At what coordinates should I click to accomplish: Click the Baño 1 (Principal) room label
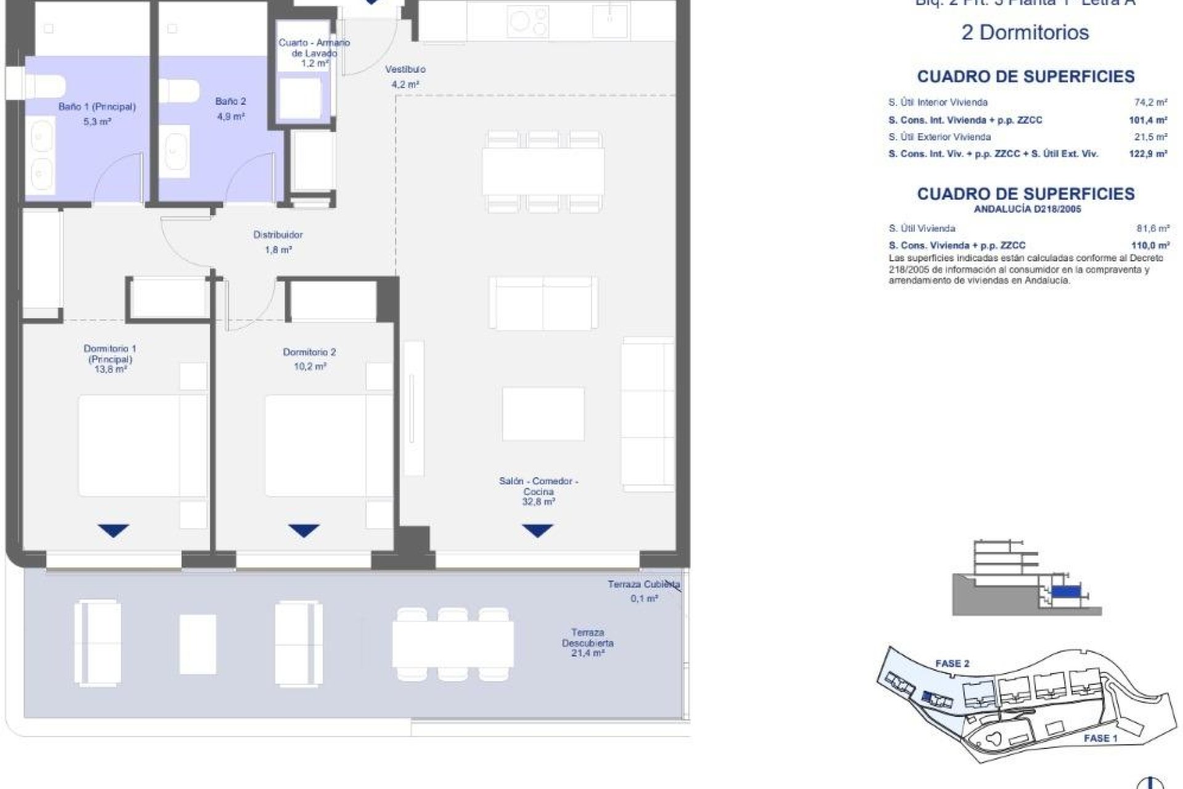97,107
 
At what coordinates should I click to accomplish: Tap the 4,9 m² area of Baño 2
230,117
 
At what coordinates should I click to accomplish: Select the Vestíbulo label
405,70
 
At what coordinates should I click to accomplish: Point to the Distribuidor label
278,235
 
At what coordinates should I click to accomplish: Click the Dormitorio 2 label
309,352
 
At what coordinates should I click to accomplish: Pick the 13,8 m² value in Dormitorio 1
110,370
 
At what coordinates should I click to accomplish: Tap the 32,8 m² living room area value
538,502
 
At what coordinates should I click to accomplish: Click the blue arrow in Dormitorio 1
113,530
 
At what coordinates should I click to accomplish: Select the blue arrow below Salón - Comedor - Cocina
537,530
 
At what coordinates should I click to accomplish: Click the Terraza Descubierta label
587,637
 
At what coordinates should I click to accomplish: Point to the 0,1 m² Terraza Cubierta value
644,599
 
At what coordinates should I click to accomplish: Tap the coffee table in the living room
543,414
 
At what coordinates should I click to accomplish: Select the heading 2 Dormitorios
1025,33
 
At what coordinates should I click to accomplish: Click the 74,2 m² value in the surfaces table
1152,103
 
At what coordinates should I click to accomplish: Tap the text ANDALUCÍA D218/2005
1027,210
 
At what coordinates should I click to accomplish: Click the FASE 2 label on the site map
952,664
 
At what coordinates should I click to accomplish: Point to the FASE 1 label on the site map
1100,738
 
